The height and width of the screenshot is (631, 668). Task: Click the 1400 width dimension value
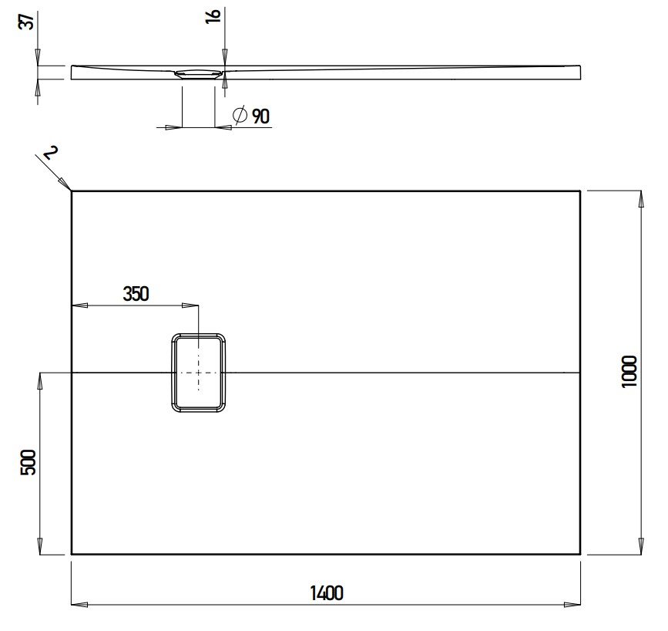[326, 593]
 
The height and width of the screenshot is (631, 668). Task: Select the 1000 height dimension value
[631, 372]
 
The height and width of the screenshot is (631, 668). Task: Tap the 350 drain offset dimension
[136, 293]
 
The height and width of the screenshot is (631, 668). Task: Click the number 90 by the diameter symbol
[260, 116]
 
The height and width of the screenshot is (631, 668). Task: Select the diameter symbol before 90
[240, 116]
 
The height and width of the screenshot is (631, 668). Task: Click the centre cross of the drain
[199, 373]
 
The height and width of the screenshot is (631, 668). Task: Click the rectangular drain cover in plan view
[199, 373]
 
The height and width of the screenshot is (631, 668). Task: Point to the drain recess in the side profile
[199, 74]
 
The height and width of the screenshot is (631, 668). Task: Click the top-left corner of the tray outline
[72, 191]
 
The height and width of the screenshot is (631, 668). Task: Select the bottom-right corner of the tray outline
[580, 554]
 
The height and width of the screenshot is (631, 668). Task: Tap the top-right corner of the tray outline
[580, 191]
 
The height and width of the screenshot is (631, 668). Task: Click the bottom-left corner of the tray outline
[72, 554]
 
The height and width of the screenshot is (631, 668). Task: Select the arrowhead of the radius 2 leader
[69, 187]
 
